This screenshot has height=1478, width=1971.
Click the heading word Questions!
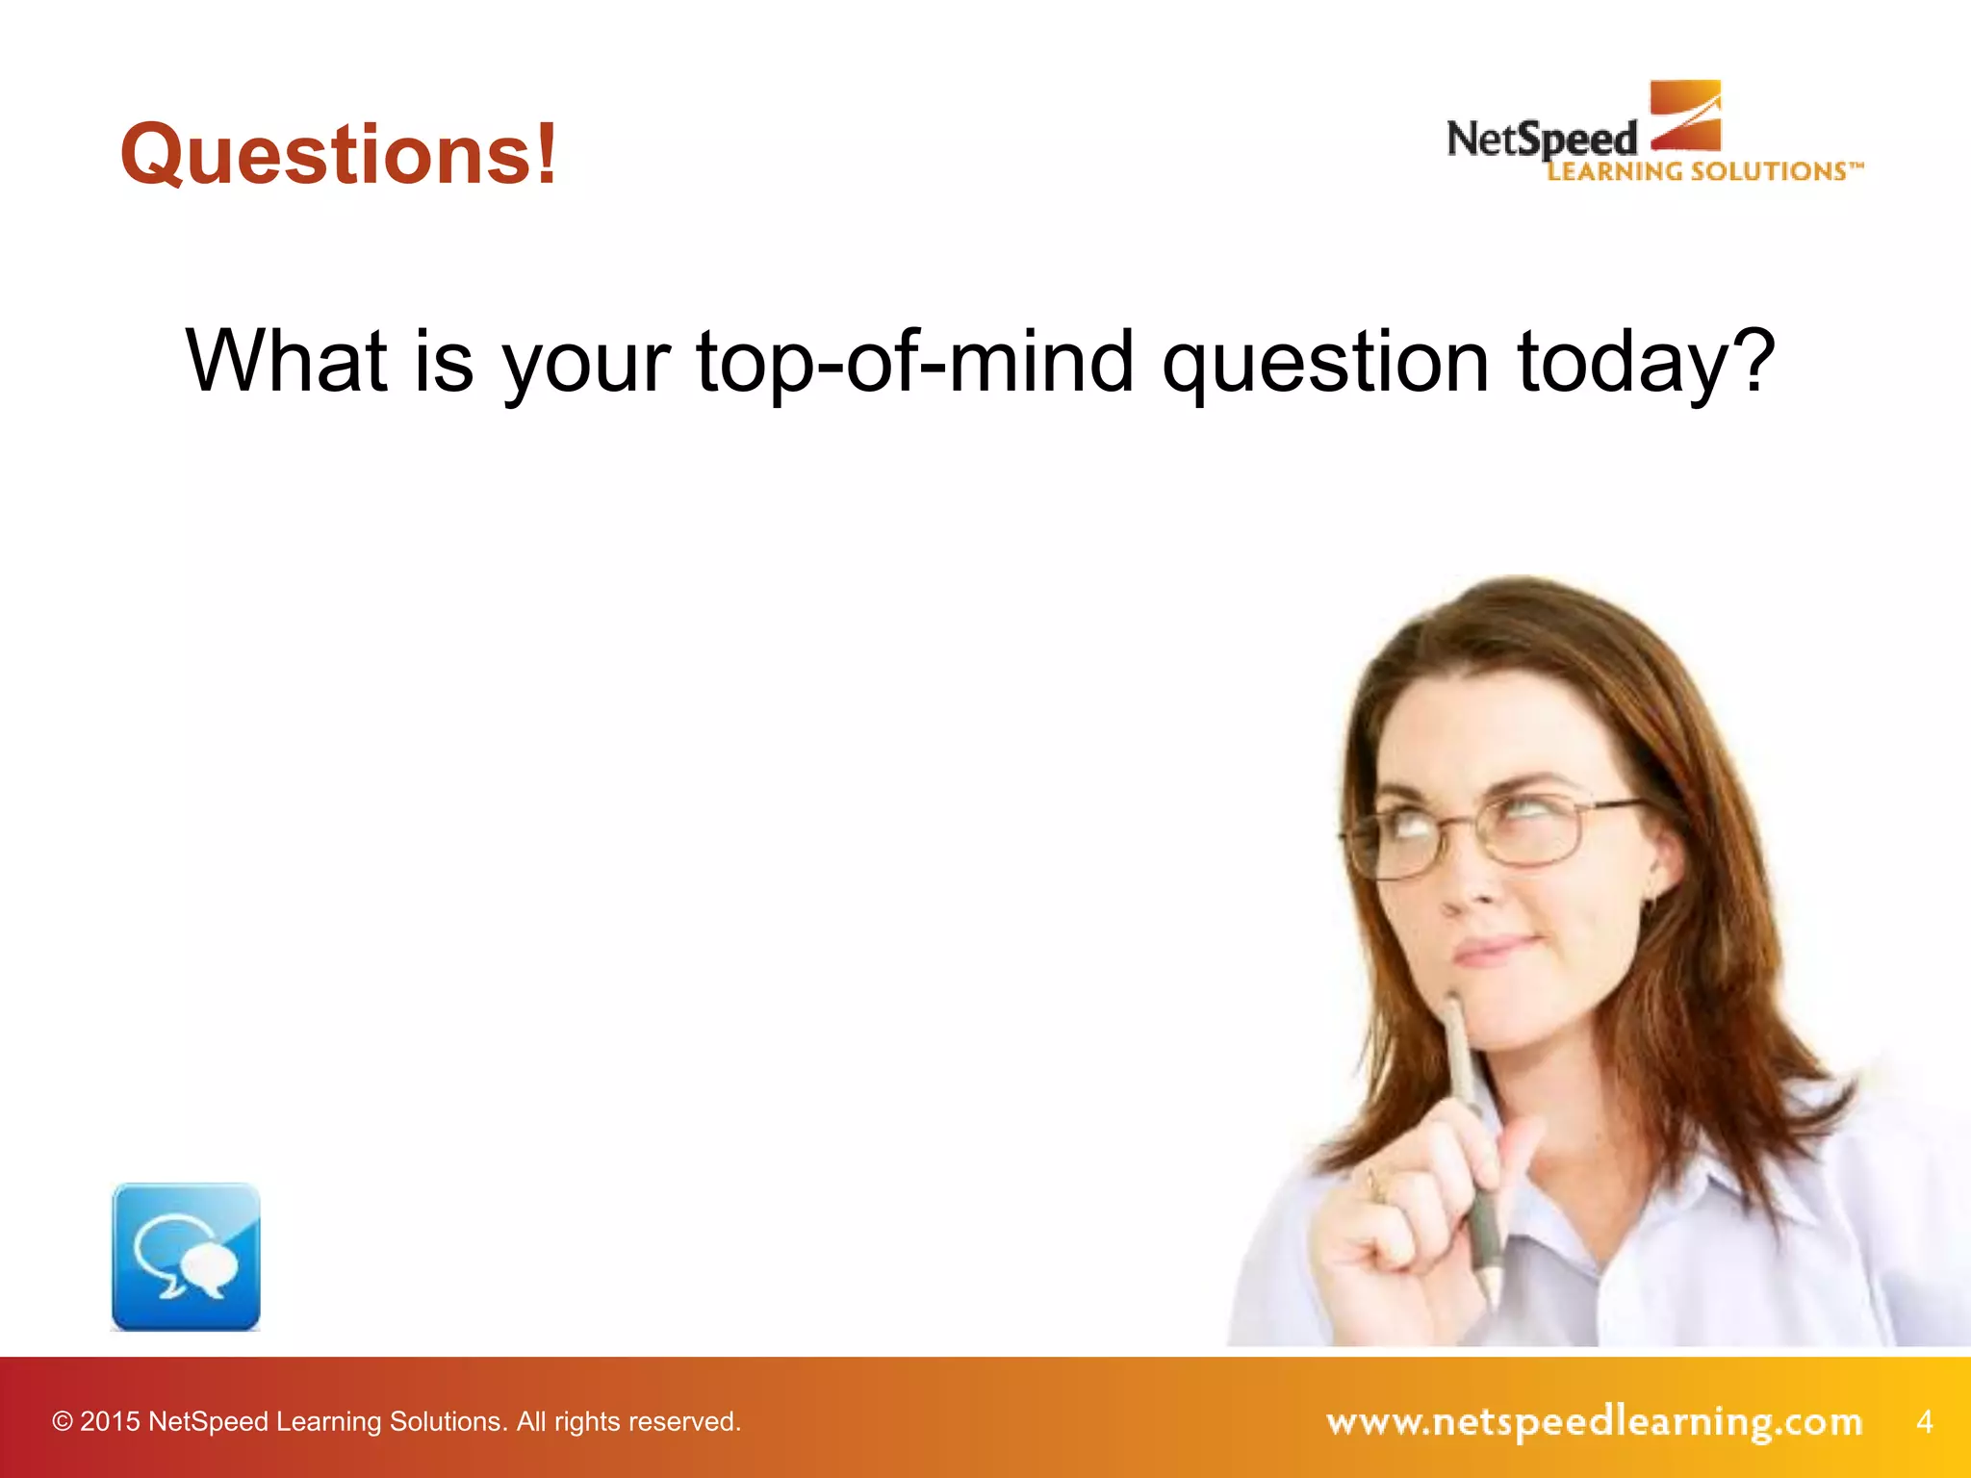pyautogui.click(x=339, y=154)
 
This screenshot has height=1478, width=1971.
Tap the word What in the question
pyautogui.click(x=286, y=362)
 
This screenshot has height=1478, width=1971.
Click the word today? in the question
pyautogui.click(x=1646, y=364)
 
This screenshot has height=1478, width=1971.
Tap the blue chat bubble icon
pyautogui.click(x=186, y=1257)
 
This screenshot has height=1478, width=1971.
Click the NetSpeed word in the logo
pyautogui.click(x=1541, y=140)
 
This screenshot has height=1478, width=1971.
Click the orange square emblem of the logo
pyautogui.click(x=1686, y=115)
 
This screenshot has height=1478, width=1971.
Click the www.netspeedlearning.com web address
pyautogui.click(x=1594, y=1421)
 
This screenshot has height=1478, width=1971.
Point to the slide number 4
pyautogui.click(x=1924, y=1421)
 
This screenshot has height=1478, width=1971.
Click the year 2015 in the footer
pyautogui.click(x=110, y=1422)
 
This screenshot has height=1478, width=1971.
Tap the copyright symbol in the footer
pyautogui.click(x=63, y=1422)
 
